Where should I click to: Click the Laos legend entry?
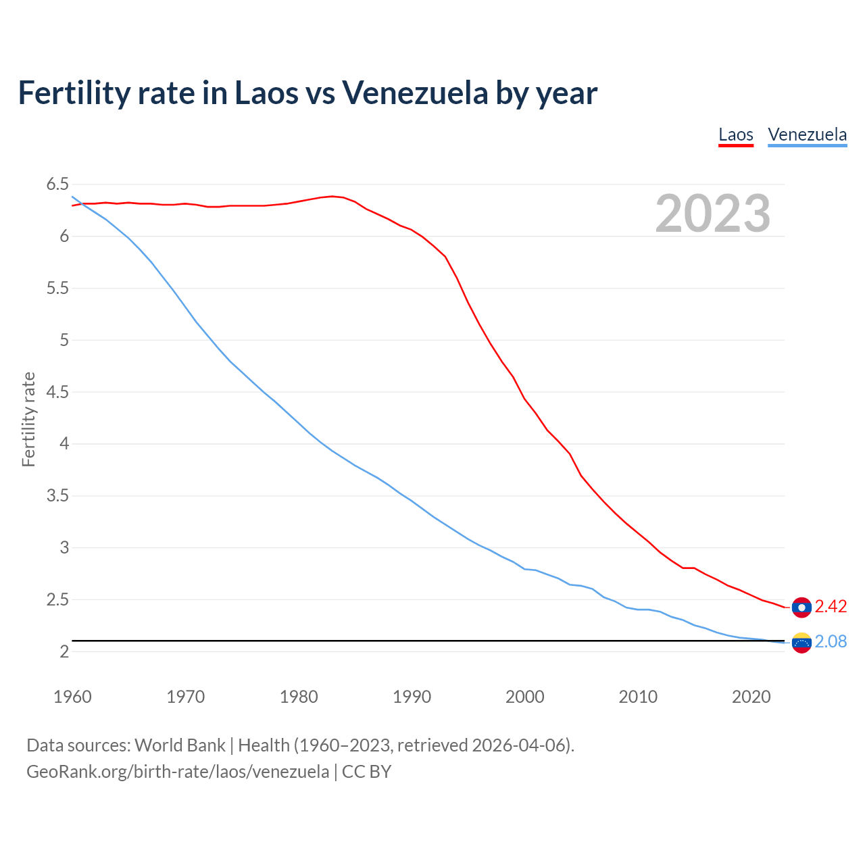tap(735, 134)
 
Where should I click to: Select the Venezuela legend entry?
tap(807, 134)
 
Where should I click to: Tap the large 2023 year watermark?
tap(712, 214)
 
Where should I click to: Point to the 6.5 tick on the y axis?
tap(57, 184)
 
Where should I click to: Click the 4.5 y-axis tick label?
tap(57, 392)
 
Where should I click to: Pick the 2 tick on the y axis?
tap(64, 651)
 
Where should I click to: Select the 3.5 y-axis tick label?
tap(57, 496)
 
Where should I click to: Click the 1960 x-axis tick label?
tap(72, 697)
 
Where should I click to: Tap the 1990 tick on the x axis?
tap(412, 697)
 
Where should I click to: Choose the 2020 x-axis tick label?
tap(751, 697)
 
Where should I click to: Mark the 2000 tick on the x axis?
tap(524, 697)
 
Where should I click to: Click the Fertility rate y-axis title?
tap(28, 419)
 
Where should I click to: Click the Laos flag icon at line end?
tap(801, 608)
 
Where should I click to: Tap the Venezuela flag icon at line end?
tap(801, 643)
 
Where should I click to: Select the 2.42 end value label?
tap(831, 607)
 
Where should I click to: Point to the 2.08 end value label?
tap(831, 642)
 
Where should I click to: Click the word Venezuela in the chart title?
tap(414, 93)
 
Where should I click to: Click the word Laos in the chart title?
tap(266, 93)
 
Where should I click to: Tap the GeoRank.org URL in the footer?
tap(178, 771)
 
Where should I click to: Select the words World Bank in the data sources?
tap(180, 745)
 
